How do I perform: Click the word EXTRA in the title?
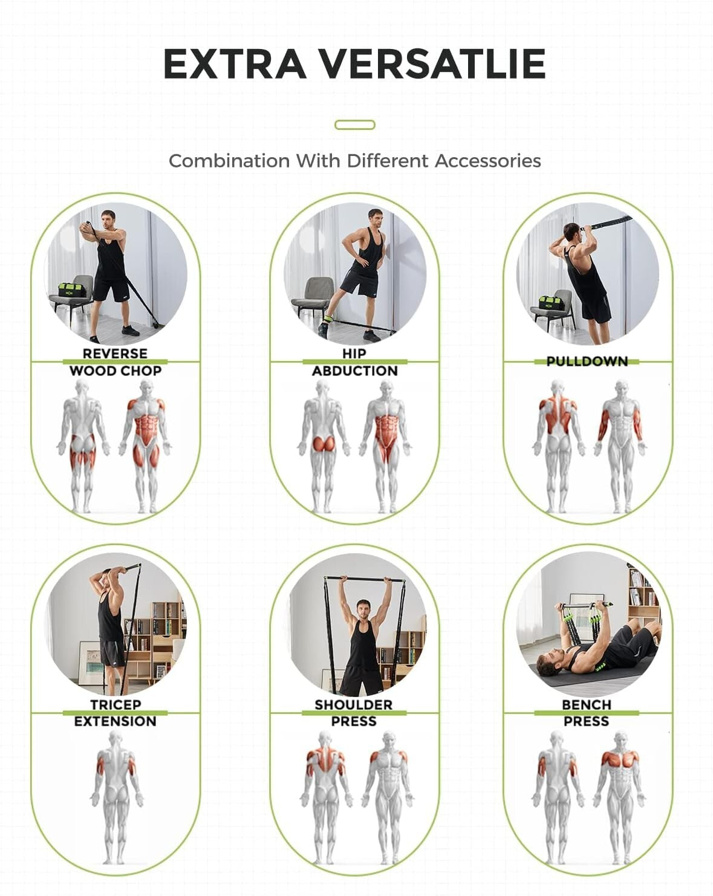pyautogui.click(x=235, y=63)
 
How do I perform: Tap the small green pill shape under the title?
pyautogui.click(x=355, y=125)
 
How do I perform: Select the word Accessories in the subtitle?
pyautogui.click(x=487, y=161)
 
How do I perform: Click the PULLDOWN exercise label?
pyautogui.click(x=587, y=362)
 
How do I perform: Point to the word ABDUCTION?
pyautogui.click(x=355, y=371)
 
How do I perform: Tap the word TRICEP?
pyautogui.click(x=116, y=704)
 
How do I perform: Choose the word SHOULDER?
pyautogui.click(x=354, y=704)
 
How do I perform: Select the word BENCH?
pyautogui.click(x=587, y=704)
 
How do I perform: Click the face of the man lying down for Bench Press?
pyautogui.click(x=548, y=663)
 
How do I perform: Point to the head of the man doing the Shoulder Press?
pyautogui.click(x=363, y=609)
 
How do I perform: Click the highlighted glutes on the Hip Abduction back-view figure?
pyautogui.click(x=324, y=443)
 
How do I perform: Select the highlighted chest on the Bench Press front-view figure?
pyautogui.click(x=620, y=759)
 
